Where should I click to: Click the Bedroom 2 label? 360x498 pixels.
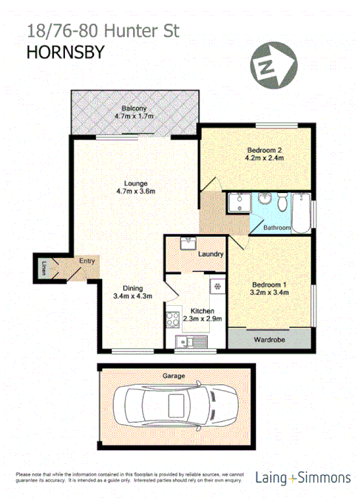[x=264, y=150]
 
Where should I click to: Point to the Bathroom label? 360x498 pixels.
[x=277, y=228]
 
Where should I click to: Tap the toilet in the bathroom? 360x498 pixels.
[x=282, y=202]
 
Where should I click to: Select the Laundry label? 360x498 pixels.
[x=211, y=254]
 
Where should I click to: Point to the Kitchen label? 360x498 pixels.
[x=202, y=311]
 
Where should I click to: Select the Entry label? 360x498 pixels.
[x=87, y=260]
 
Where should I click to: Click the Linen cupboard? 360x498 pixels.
[x=44, y=266]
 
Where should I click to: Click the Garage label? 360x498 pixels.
[x=174, y=375]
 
